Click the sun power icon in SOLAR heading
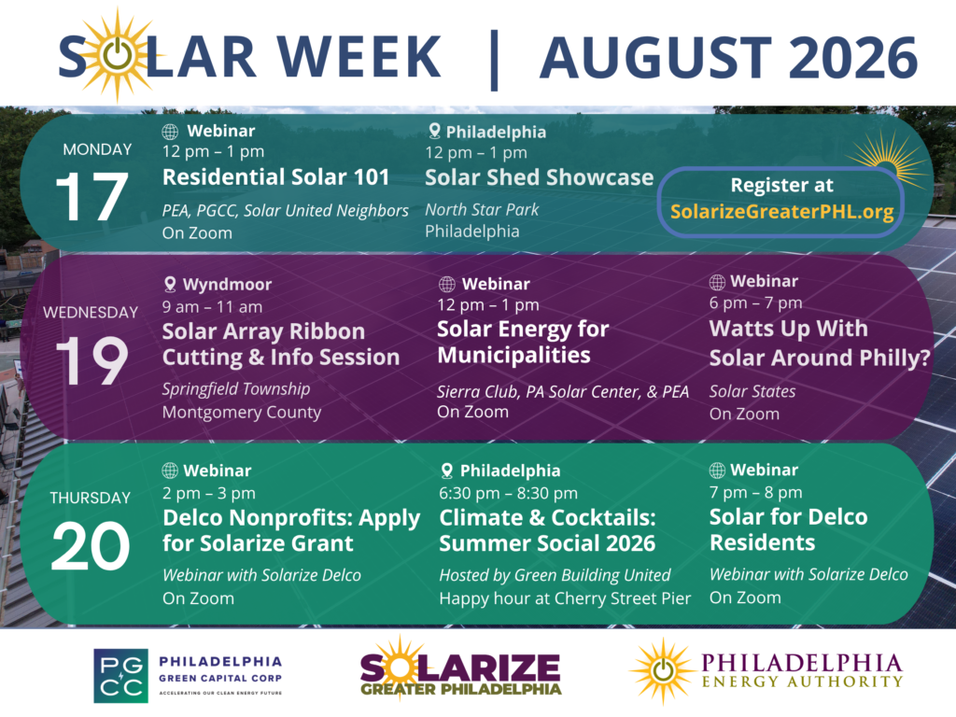(x=117, y=55)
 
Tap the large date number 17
(x=91, y=196)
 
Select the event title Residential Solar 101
(x=275, y=176)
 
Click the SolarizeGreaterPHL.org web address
(x=781, y=212)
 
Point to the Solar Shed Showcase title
(x=539, y=177)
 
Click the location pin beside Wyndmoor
(x=170, y=284)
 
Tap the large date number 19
(x=91, y=360)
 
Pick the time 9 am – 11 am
(x=212, y=306)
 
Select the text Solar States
(x=752, y=391)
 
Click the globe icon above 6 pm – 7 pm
(x=717, y=282)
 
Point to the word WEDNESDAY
(x=91, y=312)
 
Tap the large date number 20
(x=91, y=546)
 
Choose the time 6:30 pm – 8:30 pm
(x=508, y=493)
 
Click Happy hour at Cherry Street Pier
(x=565, y=598)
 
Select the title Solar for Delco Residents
(x=788, y=529)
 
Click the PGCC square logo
(x=120, y=676)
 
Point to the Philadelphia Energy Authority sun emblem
(x=663, y=671)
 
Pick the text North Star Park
(x=482, y=210)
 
